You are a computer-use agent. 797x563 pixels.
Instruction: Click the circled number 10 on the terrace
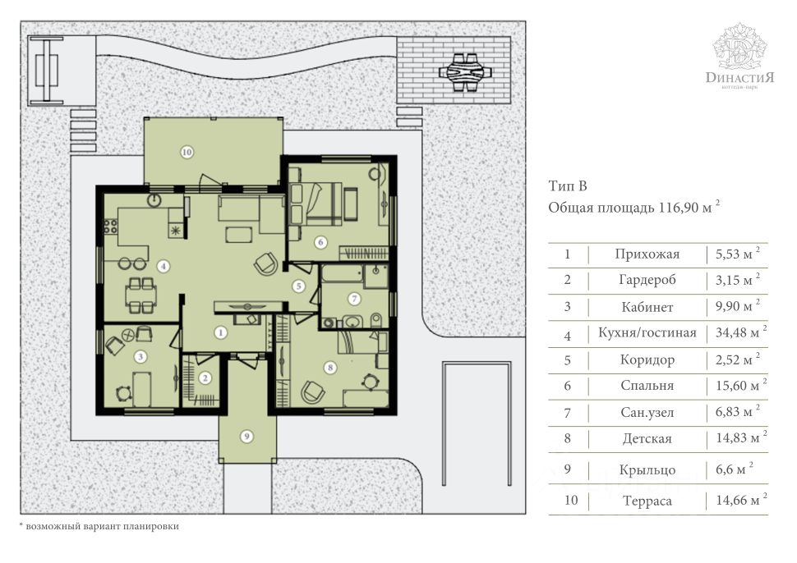pyautogui.click(x=187, y=151)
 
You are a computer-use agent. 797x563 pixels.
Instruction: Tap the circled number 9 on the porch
pyautogui.click(x=246, y=436)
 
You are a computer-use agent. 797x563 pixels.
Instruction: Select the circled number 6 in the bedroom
pyautogui.click(x=320, y=242)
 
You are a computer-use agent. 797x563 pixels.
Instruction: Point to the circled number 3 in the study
pyautogui.click(x=141, y=357)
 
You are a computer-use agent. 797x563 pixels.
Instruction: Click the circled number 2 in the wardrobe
pyautogui.click(x=205, y=378)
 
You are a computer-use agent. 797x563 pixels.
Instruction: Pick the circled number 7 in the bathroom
pyautogui.click(x=354, y=299)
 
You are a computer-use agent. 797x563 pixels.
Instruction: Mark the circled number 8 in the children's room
pyautogui.click(x=330, y=367)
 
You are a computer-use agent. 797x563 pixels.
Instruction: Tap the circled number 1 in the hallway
pyautogui.click(x=220, y=332)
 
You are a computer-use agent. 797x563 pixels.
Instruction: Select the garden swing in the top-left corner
pyautogui.click(x=47, y=70)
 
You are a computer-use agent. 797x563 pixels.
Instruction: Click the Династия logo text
pyautogui.click(x=739, y=77)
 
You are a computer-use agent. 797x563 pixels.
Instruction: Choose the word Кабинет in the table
pyautogui.click(x=647, y=307)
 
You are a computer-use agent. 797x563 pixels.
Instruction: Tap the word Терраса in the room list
pyautogui.click(x=647, y=501)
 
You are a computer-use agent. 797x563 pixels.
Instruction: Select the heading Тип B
pyautogui.click(x=568, y=185)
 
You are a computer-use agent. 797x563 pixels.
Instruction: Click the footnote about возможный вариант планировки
pyautogui.click(x=99, y=526)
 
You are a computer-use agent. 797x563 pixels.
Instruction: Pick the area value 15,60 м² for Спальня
pyautogui.click(x=741, y=385)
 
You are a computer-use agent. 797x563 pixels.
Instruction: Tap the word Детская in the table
pyautogui.click(x=647, y=438)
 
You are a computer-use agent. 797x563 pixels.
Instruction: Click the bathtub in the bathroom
pyautogui.click(x=342, y=275)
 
